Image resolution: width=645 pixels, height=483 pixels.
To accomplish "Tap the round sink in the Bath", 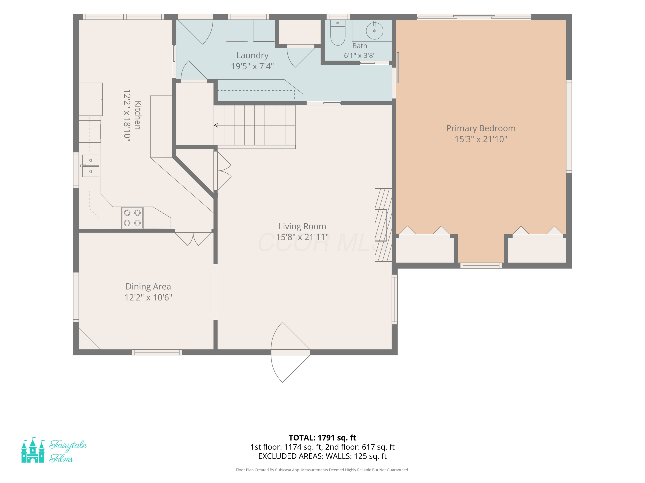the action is pos(374,30).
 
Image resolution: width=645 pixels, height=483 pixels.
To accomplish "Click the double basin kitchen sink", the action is pos(90,166).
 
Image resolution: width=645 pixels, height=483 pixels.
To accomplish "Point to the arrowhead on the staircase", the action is pos(216,125).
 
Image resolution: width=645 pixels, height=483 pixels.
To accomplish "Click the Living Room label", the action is pos(302,226).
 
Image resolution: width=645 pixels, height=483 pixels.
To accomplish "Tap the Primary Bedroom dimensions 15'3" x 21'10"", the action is pos(481,139).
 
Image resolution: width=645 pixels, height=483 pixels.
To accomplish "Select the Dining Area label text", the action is pos(148,287).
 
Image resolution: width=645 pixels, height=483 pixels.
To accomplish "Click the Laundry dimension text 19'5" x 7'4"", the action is pos(252,66).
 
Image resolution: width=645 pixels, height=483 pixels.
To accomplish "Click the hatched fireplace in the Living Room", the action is pos(383,225).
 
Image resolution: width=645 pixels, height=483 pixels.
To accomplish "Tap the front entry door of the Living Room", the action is pos(290,352).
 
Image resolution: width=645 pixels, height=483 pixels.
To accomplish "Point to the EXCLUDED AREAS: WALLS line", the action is pos(322,456).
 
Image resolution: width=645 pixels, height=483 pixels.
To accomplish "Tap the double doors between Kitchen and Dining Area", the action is pos(193,237).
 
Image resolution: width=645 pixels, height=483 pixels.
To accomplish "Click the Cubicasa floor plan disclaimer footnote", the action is pos(322,470).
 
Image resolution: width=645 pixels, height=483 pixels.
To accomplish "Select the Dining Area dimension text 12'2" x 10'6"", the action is pos(148,298).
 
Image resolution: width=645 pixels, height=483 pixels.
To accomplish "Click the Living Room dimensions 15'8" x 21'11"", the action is pos(302,237).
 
